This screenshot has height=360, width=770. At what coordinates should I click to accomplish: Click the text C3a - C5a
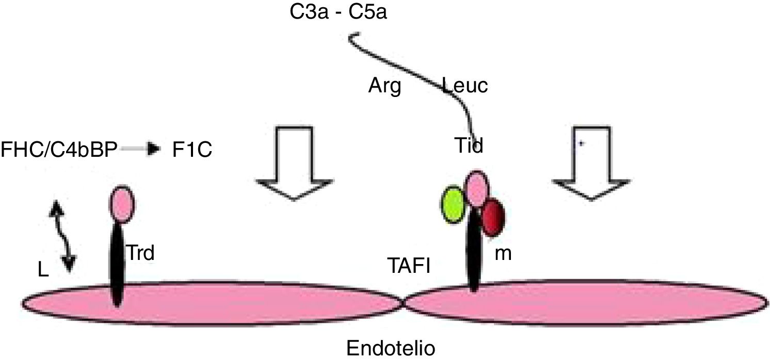[338, 11]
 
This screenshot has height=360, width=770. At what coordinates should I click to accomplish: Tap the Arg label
[384, 86]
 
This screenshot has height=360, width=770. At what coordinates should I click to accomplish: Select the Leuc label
[465, 86]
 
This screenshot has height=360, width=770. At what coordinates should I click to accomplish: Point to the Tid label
[469, 146]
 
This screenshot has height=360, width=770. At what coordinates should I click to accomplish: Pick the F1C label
[191, 151]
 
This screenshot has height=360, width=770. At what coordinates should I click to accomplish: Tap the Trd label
[141, 253]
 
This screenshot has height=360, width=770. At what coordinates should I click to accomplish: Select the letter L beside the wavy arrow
[43, 270]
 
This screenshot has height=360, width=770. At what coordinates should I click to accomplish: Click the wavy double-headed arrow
[62, 236]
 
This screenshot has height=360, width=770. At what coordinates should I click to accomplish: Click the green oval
[454, 205]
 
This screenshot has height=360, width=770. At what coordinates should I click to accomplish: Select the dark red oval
[492, 218]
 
